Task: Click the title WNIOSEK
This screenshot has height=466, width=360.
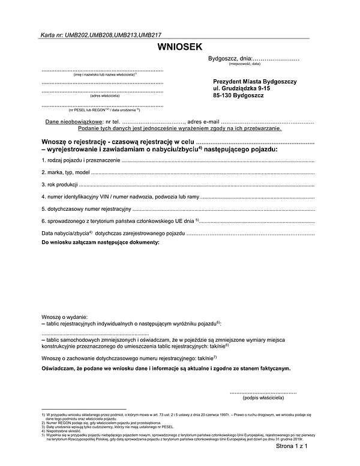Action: pos(181,46)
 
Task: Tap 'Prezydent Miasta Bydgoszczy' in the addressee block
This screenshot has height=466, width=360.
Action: pos(254,81)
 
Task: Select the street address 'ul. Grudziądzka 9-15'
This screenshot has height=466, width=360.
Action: pos(241,88)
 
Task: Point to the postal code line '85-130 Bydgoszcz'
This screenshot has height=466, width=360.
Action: pos(238,95)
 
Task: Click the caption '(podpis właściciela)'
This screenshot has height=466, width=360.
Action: pos(261,398)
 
